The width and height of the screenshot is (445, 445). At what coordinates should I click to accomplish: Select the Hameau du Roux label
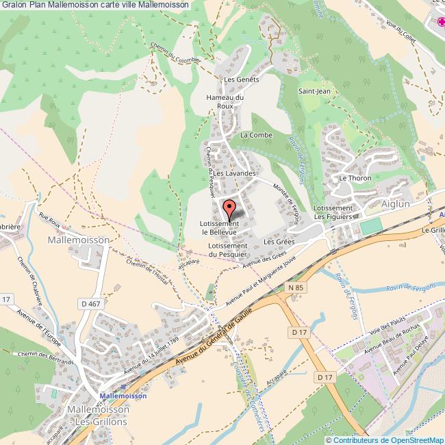click(x=225, y=101)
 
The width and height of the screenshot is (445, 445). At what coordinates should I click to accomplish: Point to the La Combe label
click(x=256, y=136)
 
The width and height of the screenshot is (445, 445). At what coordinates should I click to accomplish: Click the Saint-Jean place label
click(x=314, y=90)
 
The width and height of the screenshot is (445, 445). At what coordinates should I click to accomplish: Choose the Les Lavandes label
click(x=233, y=174)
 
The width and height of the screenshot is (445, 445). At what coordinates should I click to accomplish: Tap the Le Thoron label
click(x=355, y=178)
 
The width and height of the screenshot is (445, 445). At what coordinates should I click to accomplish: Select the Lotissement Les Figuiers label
click(x=333, y=212)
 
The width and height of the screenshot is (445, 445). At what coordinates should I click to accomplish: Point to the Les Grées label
click(x=279, y=242)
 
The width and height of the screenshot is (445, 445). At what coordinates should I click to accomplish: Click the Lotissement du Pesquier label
click(x=227, y=251)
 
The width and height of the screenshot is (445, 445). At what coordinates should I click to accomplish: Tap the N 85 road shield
click(x=295, y=288)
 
